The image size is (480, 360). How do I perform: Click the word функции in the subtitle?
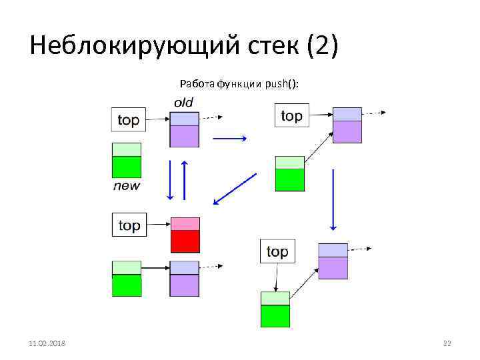click(239, 83)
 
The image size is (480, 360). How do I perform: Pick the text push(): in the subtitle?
click(282, 83)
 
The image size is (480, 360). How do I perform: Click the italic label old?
click(183, 102)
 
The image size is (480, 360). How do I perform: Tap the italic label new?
click(127, 185)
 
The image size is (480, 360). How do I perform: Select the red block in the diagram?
click(185, 235)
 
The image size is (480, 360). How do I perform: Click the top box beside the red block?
click(129, 225)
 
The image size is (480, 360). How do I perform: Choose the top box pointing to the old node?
click(128, 120)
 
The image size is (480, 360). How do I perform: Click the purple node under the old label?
click(185, 129)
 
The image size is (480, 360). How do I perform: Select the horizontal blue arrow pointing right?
click(229, 139)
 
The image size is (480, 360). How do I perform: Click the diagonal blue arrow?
click(235, 188)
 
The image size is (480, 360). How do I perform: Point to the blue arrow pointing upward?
click(185, 180)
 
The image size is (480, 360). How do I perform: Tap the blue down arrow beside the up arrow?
click(171, 180)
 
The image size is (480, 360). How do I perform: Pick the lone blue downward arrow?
click(333, 197)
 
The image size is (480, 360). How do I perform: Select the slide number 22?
click(447, 343)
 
